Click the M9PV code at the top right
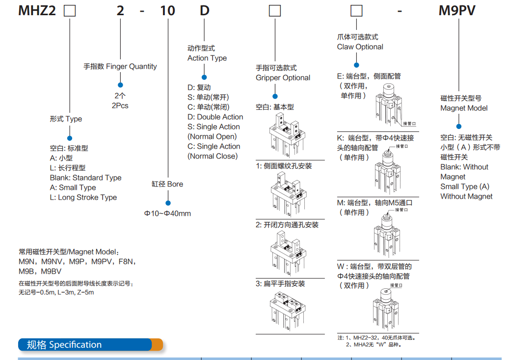[456, 10]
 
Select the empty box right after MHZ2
[70, 11]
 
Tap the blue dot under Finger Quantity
[120, 85]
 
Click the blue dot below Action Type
[204, 77]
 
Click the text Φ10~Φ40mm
[167, 213]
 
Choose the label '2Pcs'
[120, 105]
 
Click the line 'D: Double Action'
[215, 117]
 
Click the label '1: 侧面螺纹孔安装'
[284, 166]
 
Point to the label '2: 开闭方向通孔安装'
[287, 225]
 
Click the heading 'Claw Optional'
[360, 47]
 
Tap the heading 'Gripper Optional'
[283, 77]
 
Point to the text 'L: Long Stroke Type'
[83, 197]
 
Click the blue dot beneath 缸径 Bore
[167, 202]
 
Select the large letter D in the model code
[204, 10]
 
